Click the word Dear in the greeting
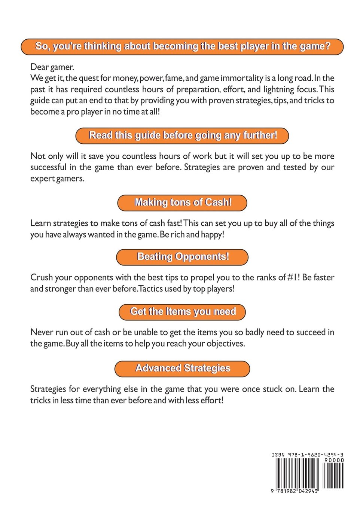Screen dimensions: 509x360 [39, 67]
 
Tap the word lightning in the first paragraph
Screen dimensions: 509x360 [278, 89]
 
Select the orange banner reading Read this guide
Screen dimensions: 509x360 [182, 135]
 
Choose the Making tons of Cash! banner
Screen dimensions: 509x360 [182, 202]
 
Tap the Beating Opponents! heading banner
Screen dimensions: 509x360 [182, 257]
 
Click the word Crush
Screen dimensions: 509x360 [41, 278]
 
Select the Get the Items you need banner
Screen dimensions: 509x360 [182, 312]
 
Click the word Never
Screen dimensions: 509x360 [42, 332]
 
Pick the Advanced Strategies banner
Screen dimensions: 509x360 [182, 369]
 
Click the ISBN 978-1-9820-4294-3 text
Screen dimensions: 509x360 [307, 455]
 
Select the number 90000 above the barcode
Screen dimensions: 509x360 [334, 460]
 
